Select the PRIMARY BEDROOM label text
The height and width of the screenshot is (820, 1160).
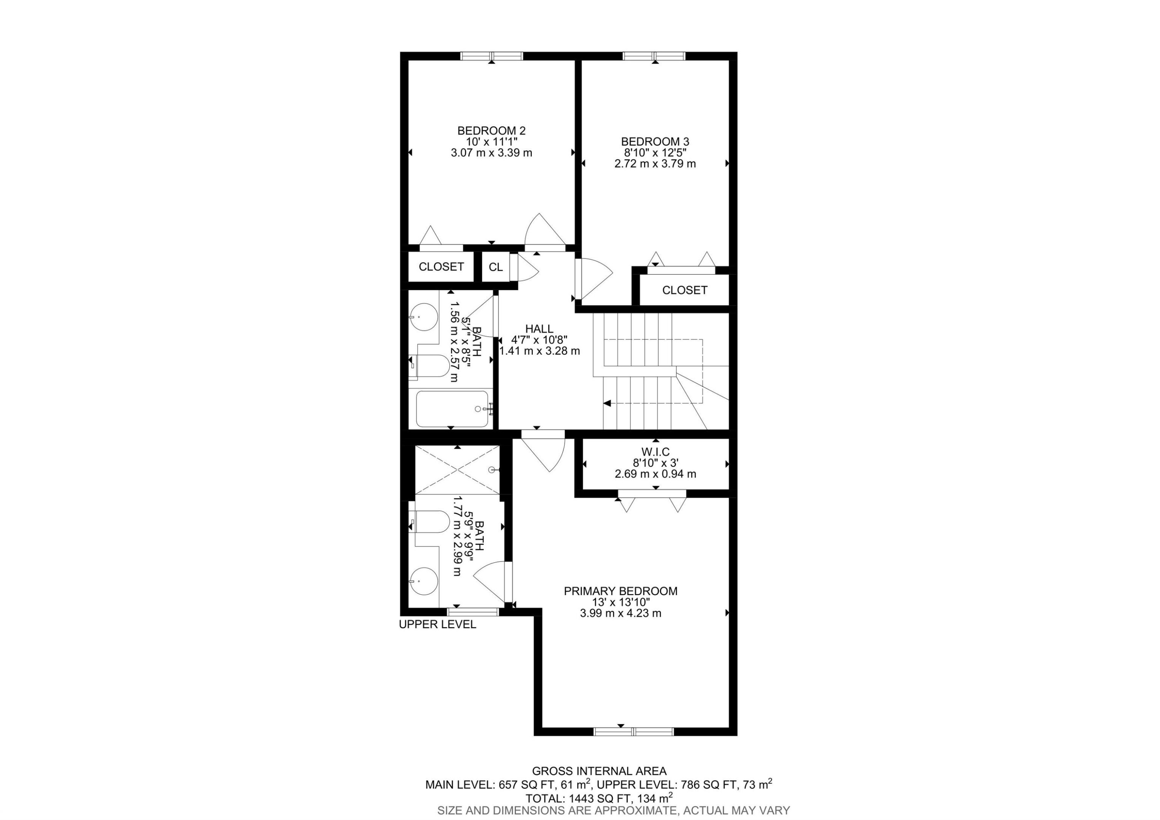tap(621, 591)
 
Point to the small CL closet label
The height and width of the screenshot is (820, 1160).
tap(496, 267)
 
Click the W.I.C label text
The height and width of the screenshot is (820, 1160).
tap(655, 452)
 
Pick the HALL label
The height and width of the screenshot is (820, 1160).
tap(539, 329)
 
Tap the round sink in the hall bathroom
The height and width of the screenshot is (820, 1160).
tap(423, 317)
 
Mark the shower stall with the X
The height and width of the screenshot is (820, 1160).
tap(457, 470)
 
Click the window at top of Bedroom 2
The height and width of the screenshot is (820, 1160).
tap(491, 56)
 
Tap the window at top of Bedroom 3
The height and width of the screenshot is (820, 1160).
tap(654, 56)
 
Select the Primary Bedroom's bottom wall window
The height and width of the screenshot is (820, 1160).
tap(634, 731)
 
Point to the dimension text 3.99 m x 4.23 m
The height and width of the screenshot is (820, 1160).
tap(621, 613)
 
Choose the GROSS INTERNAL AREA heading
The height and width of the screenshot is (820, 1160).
tap(599, 771)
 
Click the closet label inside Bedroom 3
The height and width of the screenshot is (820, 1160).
tap(684, 290)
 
